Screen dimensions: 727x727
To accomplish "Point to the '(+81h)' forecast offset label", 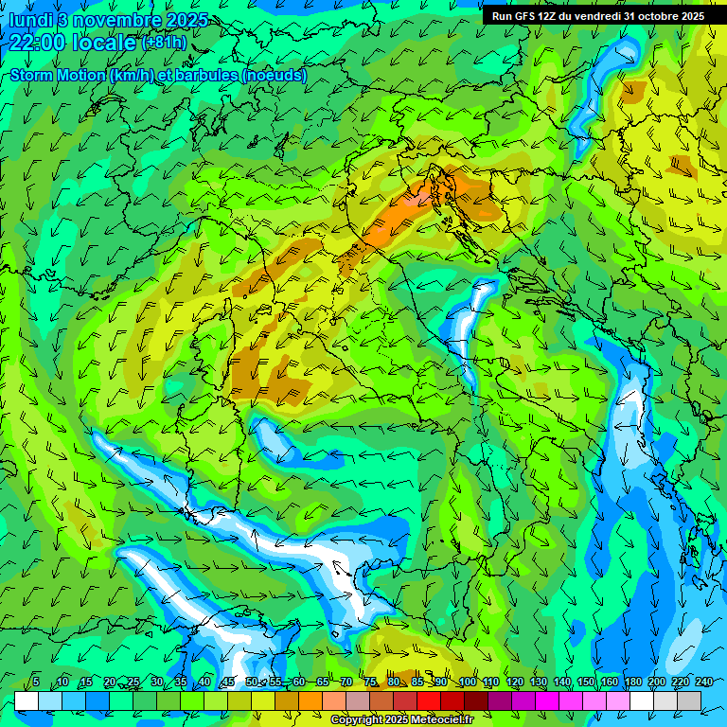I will (x=164, y=43).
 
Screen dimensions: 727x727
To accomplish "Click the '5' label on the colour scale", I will (x=36, y=682).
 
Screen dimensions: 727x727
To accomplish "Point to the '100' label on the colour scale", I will (x=467, y=682).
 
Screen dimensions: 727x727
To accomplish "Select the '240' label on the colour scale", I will (x=703, y=682).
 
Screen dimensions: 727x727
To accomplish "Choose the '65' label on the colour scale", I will (x=323, y=682).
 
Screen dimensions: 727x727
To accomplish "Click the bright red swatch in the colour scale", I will (x=429, y=700).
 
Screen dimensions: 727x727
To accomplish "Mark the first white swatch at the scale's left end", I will (x=27, y=700).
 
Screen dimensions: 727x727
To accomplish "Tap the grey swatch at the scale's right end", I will (x=689, y=700).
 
